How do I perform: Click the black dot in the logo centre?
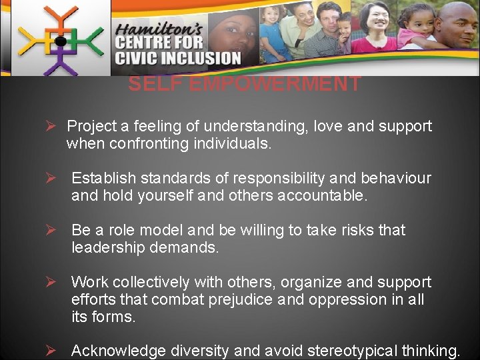pyautogui.click(x=60, y=41)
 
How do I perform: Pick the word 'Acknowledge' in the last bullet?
pyautogui.click(x=119, y=351)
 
